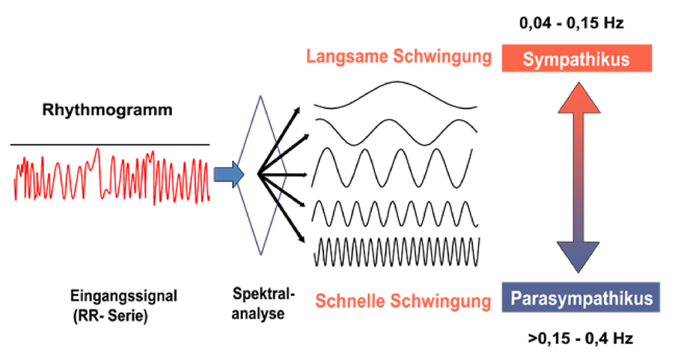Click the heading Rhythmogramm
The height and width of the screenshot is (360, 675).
[x=106, y=110]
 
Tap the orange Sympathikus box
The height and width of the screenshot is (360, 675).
[x=576, y=59]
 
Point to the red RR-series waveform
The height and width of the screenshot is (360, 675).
[x=111, y=179]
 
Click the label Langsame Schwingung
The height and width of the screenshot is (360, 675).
[x=399, y=57]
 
